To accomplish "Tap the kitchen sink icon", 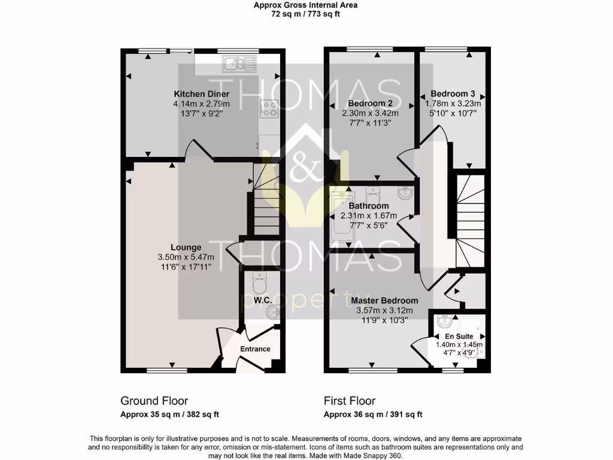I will (238, 62).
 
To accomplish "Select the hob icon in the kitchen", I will (267, 108).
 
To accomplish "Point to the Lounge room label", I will (186, 247).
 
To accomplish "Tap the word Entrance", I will (255, 349).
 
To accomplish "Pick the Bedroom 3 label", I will (453, 94).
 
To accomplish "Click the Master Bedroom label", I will (384, 301).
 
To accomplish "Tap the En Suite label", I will (459, 337).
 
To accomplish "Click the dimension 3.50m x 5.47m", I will (186, 258).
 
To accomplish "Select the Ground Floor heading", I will (154, 401).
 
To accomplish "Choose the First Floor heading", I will (350, 401).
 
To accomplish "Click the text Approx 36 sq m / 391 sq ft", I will (373, 414).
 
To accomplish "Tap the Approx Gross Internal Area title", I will (305, 5).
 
